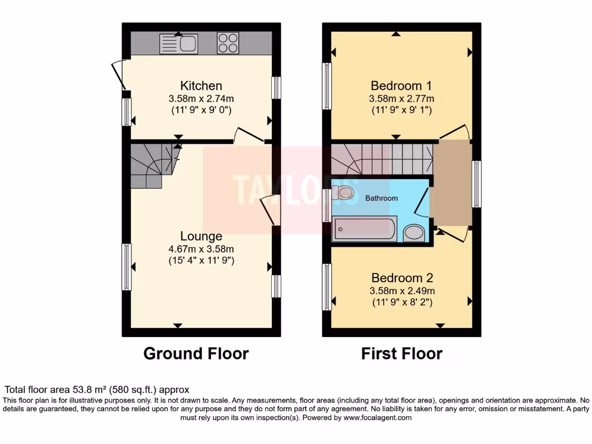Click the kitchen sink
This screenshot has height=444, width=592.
tap(179, 43)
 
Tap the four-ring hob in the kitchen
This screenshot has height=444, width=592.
tap(228, 43)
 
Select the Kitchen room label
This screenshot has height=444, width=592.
tap(201, 86)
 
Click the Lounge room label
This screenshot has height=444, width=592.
tap(201, 236)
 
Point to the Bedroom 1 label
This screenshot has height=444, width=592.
tap(401, 86)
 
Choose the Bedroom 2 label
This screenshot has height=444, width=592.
tap(402, 277)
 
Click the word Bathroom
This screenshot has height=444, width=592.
tap(382, 198)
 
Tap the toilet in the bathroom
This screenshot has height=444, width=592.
tap(345, 193)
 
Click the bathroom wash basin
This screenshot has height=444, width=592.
tap(413, 233)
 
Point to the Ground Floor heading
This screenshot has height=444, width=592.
tap(196, 353)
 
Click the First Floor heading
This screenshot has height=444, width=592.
tap(402, 353)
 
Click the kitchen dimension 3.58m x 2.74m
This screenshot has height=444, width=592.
tap(201, 98)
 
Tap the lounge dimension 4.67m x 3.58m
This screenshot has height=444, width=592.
tap(201, 249)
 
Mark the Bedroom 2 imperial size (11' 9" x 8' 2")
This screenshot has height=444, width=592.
tap(402, 302)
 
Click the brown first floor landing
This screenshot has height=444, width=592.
tap(452, 184)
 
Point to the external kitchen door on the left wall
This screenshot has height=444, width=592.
tap(118, 75)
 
